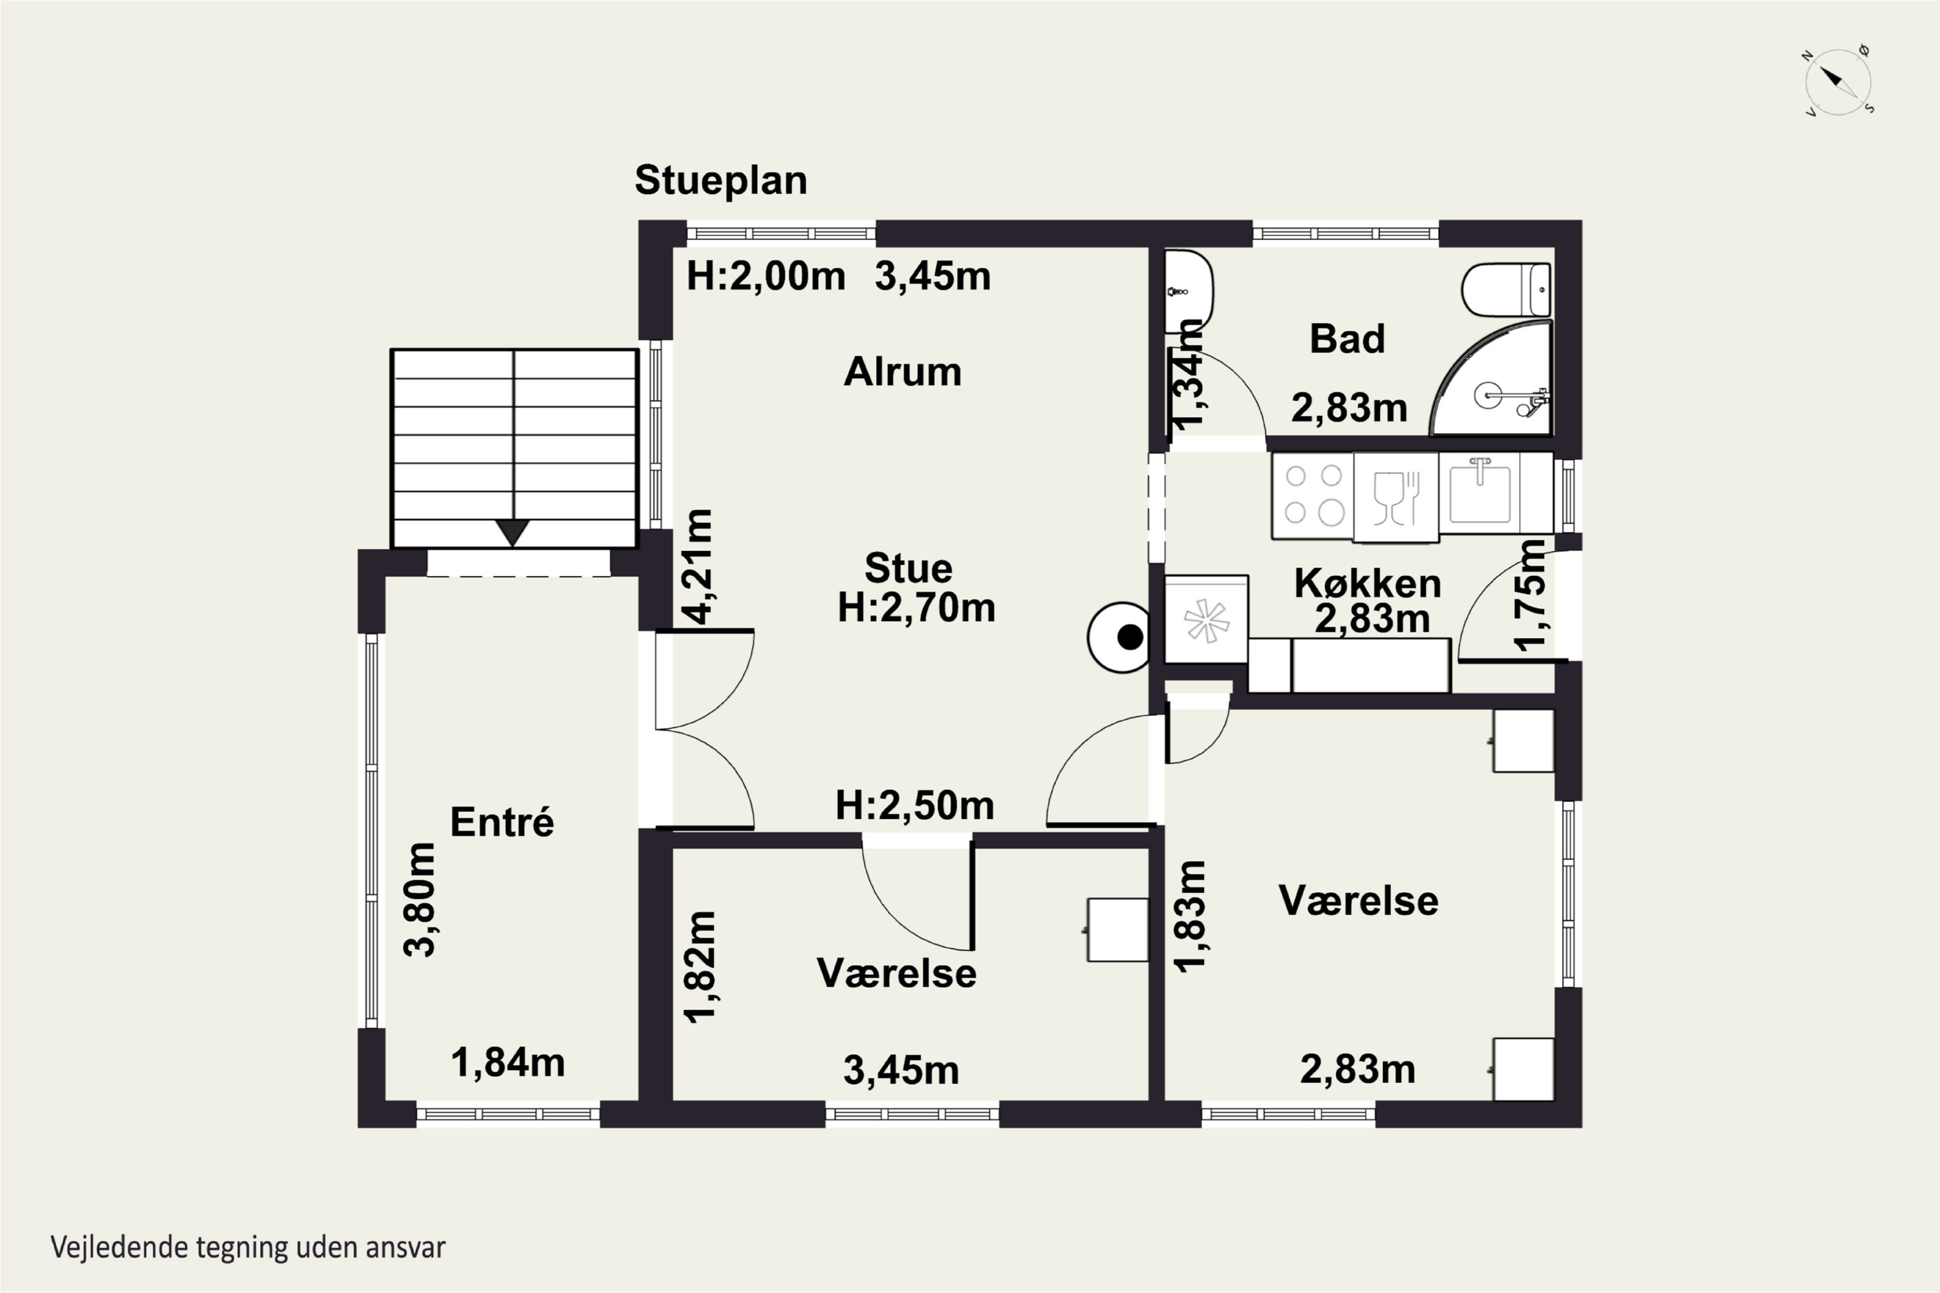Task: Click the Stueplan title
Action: coord(721,180)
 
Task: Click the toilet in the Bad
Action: coord(1506,290)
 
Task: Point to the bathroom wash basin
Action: coord(1188,291)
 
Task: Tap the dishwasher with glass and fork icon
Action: coord(1396,497)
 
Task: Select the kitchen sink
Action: coord(1481,492)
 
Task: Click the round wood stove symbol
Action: coord(1119,637)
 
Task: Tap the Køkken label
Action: coord(1368,584)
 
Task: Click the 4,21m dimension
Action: coord(698,566)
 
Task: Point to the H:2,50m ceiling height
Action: coord(915,806)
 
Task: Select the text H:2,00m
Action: coord(766,276)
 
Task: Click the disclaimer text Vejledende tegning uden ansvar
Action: coord(248,1248)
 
